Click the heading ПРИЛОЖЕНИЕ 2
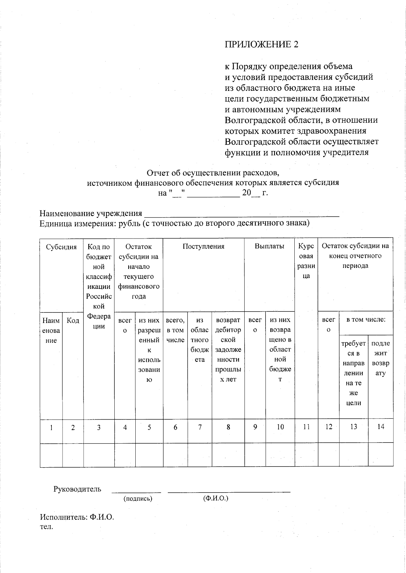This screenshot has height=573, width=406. tap(262, 45)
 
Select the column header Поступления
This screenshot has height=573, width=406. tap(203, 246)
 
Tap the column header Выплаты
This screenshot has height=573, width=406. tap(269, 246)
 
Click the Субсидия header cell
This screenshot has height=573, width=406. tap(61, 247)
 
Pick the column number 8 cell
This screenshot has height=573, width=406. tap(228, 427)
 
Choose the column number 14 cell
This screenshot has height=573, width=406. tap(381, 427)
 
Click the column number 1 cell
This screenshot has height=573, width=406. tap(51, 427)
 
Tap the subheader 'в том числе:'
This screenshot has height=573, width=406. tap(366, 320)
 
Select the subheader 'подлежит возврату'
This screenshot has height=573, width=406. tap(381, 358)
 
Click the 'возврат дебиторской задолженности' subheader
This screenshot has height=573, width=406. tap(228, 349)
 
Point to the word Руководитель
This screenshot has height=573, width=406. tap(77, 489)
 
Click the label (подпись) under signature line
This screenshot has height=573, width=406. tap(138, 499)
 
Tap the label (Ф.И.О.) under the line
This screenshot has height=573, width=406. tap(216, 498)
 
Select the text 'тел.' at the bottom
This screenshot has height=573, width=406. tap(46, 527)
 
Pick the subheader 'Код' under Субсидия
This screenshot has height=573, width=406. tap(73, 320)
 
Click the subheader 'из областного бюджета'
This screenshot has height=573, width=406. tap(200, 340)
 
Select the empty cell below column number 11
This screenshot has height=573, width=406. tap(306, 455)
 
